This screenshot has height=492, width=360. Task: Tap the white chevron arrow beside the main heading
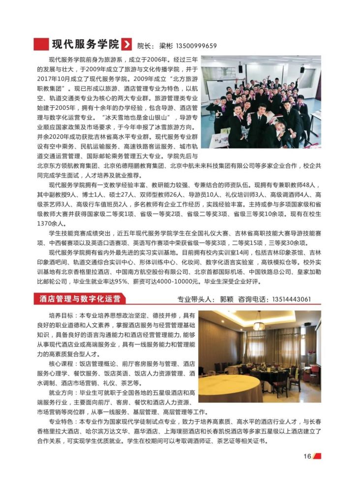(x=126, y=44)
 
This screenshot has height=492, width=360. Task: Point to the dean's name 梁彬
(x=167, y=46)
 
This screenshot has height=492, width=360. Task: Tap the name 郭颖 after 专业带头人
(x=227, y=299)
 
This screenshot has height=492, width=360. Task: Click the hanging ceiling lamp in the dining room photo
(x=259, y=325)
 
